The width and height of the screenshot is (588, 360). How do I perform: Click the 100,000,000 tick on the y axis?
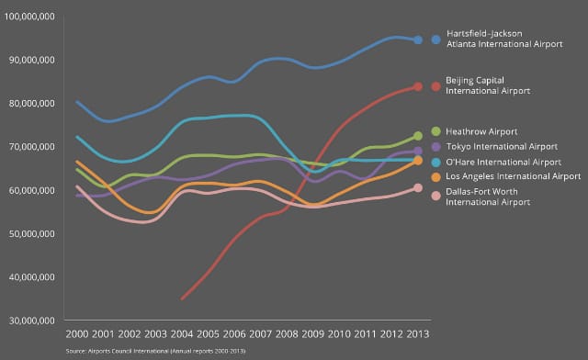[29, 17]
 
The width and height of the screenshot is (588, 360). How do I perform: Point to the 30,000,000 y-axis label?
[32, 321]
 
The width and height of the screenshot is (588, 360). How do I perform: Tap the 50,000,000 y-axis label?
[32, 234]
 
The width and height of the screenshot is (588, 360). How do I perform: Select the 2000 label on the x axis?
[77, 334]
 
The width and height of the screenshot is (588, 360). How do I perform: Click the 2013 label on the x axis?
[418, 334]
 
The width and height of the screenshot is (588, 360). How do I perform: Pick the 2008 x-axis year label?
[287, 334]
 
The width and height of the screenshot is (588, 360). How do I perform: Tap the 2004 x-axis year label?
[182, 334]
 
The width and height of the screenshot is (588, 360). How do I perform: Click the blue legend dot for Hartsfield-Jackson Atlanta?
[435, 39]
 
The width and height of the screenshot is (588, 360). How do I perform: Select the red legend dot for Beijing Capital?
[435, 86]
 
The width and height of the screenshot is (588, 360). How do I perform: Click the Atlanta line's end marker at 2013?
[418, 39]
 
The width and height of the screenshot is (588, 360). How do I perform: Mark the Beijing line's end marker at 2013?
[418, 86]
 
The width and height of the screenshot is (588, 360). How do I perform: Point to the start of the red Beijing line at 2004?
[182, 298]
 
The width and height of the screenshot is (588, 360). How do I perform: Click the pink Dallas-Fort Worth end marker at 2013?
[418, 187]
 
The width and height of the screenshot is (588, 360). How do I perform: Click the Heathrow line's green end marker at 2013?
[418, 136]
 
